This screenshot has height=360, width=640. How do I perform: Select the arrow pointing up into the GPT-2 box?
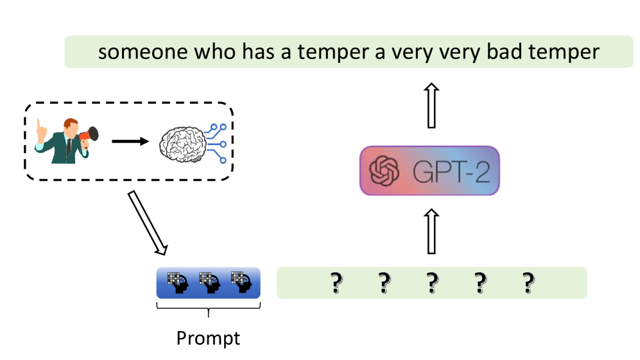point(429,231)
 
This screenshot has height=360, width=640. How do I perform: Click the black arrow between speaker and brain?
point(130,140)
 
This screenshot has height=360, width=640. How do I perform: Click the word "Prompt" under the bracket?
point(208,338)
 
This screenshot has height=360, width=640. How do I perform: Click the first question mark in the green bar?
point(334,283)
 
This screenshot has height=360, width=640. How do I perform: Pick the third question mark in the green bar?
point(432,283)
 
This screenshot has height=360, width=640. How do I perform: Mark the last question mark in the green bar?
point(528,283)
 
